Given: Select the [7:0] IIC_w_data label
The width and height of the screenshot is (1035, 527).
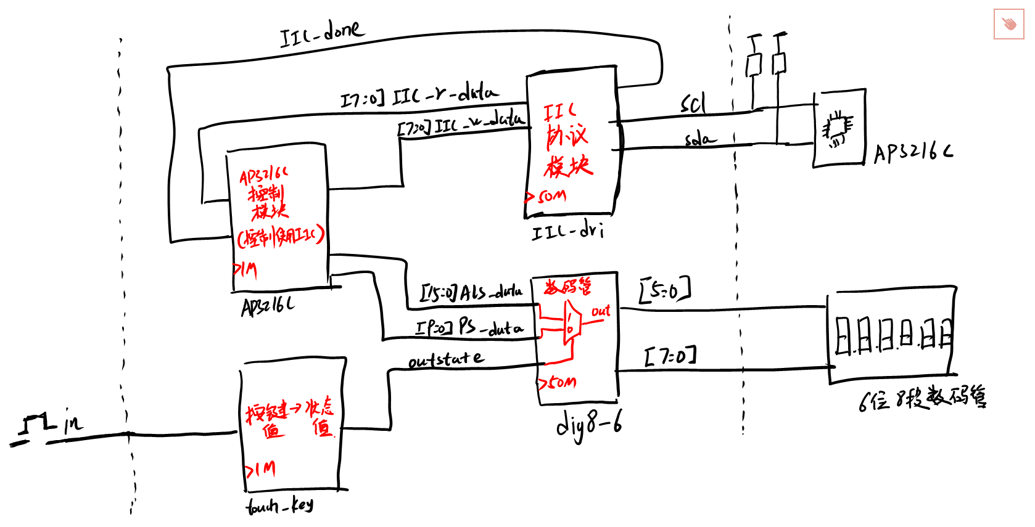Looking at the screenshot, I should coord(461,123).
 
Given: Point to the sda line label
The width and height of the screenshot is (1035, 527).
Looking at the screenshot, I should coord(700,139).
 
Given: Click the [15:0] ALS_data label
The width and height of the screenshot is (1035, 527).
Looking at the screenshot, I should coord(471,292).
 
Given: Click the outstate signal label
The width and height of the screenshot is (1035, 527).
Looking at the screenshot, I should coord(446,359).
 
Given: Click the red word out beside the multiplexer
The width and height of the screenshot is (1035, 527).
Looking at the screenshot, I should coord(600,311).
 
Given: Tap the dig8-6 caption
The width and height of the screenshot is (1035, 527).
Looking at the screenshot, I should coord(588,425).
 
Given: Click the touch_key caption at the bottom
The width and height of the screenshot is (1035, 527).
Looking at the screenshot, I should coord(279,506).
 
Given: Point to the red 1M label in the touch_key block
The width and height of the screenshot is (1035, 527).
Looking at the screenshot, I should coord(261,470).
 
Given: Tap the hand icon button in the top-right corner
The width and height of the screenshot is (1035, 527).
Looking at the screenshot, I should coord(1008,25).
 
